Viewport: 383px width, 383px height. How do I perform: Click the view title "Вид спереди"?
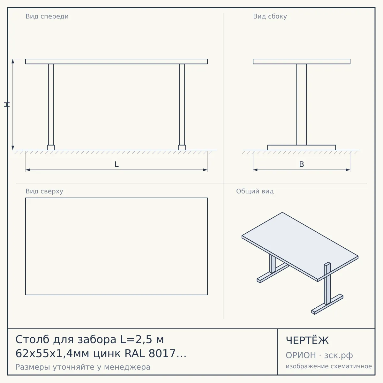[47, 16]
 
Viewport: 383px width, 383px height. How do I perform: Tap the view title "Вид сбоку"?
[270, 16]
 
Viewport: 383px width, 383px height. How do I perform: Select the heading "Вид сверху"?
[44, 191]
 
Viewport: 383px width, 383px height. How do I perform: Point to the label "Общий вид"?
[255, 191]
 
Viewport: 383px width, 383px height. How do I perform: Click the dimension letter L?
[116, 164]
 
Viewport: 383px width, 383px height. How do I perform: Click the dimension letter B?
[302, 164]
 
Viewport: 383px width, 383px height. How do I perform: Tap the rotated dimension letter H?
[7, 105]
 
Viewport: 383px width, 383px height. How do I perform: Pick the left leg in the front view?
[51, 105]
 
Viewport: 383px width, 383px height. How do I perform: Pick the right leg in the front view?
[182, 105]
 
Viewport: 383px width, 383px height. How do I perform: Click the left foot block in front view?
[51, 147]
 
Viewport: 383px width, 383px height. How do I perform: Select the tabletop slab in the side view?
[302, 61]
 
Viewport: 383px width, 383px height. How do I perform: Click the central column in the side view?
[302, 105]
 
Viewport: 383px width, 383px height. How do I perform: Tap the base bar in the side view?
[302, 147]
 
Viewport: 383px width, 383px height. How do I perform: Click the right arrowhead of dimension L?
[205, 170]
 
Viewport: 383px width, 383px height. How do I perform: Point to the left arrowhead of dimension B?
[255, 170]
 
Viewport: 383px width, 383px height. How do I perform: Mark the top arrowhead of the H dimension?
[13, 61]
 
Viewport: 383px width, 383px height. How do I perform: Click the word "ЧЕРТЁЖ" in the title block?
[307, 341]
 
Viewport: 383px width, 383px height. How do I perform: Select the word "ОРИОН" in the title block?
[301, 355]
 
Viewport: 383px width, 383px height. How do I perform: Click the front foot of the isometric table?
[327, 304]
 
